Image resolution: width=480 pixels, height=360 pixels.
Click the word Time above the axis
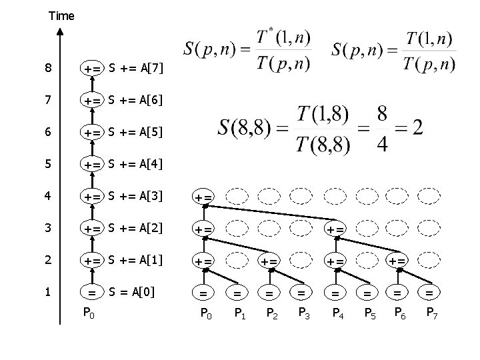tap(61, 15)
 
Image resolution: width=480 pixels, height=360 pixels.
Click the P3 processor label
tap(303, 313)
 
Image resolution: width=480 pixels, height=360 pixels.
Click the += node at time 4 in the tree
tap(203, 197)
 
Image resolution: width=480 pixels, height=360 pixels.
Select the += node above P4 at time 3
tap(334, 229)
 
